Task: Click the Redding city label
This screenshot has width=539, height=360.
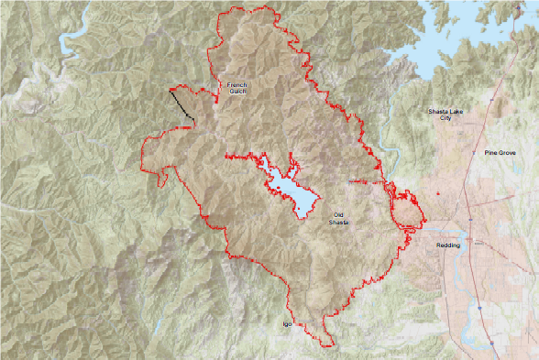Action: coord(448,245)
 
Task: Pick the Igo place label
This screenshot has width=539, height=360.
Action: coord(286,324)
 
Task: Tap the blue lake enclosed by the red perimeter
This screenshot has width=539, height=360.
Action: coord(291,191)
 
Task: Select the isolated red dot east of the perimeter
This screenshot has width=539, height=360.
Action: coord(440,194)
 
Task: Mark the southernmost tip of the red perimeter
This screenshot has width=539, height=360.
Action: coord(326,344)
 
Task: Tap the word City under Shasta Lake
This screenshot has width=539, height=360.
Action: coord(446,118)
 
